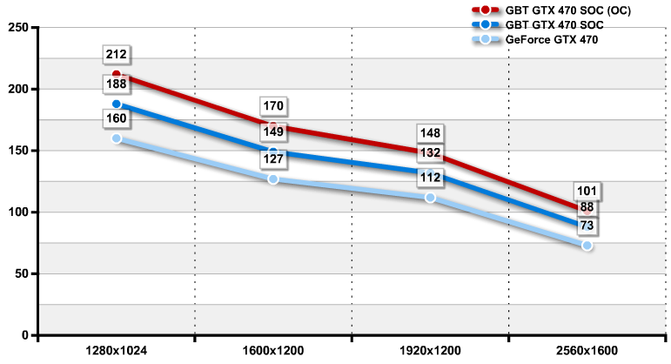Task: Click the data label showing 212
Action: (x=117, y=55)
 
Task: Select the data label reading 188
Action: (x=117, y=84)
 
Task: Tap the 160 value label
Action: (x=117, y=118)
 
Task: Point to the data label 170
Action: (x=273, y=106)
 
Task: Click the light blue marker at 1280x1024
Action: (x=117, y=138)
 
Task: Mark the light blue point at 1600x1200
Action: (x=273, y=179)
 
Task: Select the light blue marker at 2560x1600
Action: (x=587, y=246)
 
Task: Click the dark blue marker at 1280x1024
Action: (x=117, y=104)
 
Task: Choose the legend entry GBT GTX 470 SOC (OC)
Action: (x=564, y=10)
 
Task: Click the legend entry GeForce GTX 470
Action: (x=552, y=40)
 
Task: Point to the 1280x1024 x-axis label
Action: (x=117, y=351)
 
